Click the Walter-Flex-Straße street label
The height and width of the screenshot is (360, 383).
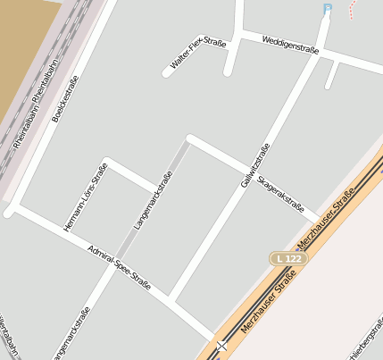[199, 54]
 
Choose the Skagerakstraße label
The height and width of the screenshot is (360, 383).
[280, 190]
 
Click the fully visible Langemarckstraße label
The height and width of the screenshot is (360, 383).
[152, 200]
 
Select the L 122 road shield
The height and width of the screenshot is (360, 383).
[288, 258]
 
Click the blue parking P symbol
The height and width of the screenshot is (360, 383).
[327, 9]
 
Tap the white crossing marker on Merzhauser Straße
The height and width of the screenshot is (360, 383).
[221, 345]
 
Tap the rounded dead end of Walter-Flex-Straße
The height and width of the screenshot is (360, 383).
[167, 71]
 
